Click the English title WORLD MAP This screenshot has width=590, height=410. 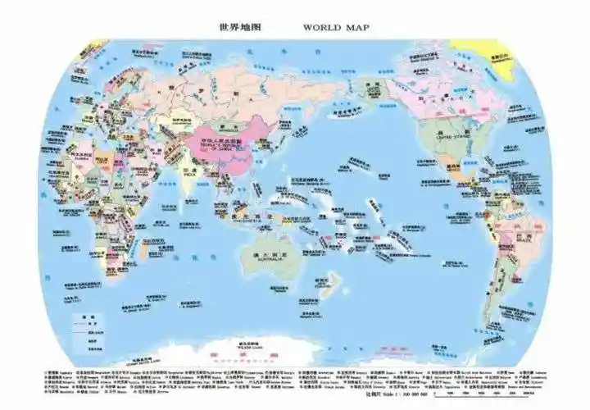pyautogui.click(x=336, y=26)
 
